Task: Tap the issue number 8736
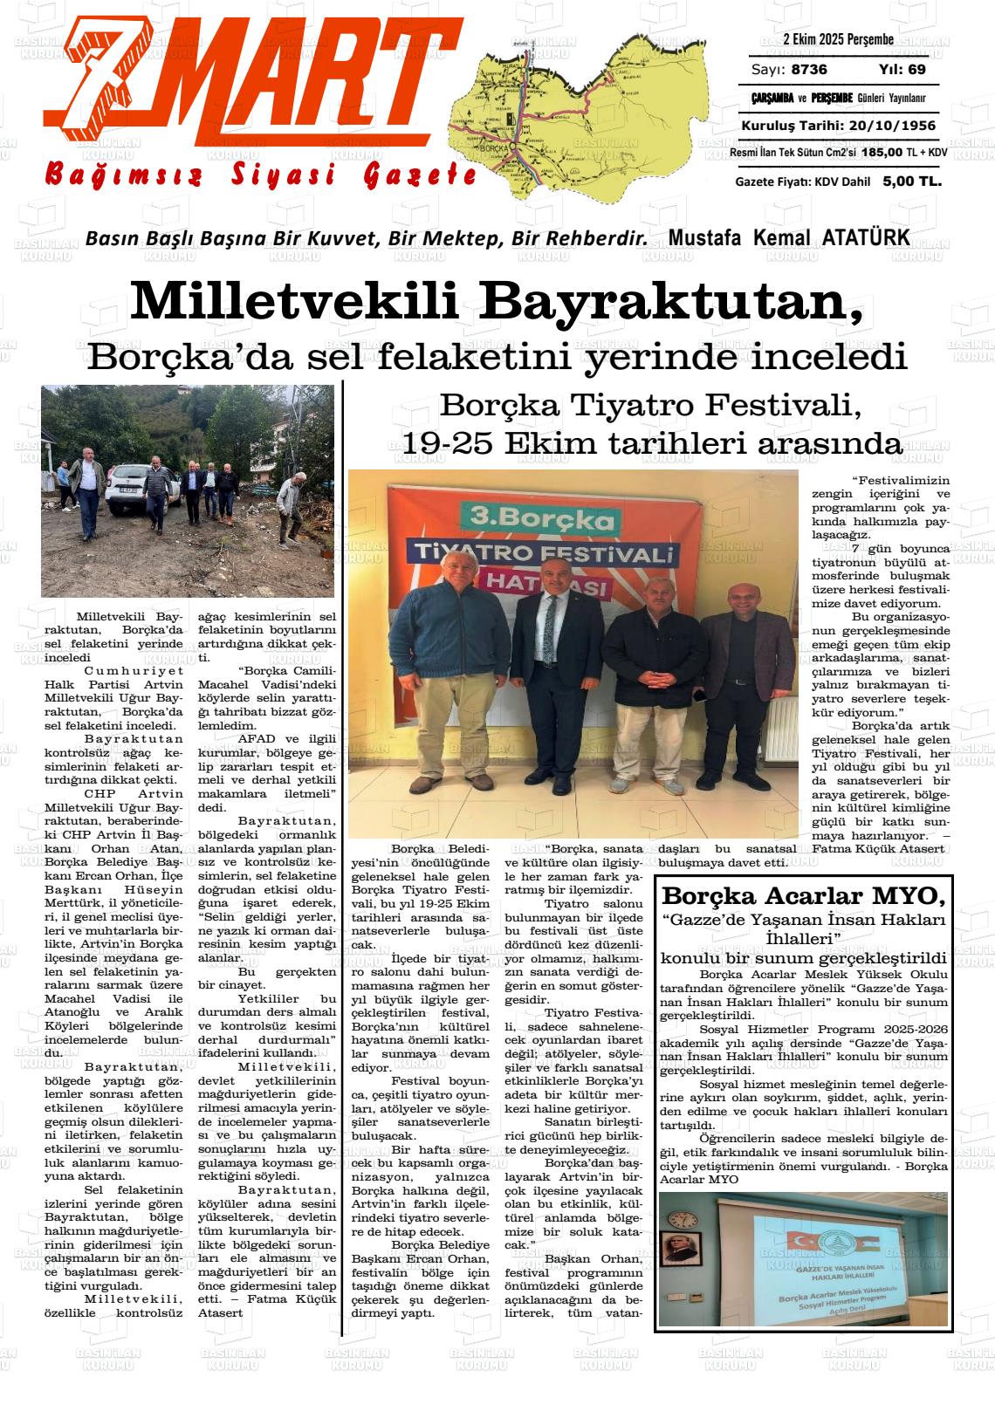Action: (810, 70)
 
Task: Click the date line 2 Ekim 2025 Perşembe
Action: (838, 40)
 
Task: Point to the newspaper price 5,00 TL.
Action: (911, 181)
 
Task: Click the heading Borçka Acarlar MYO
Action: (804, 896)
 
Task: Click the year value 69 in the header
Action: (916, 70)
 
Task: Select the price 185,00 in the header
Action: (882, 152)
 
